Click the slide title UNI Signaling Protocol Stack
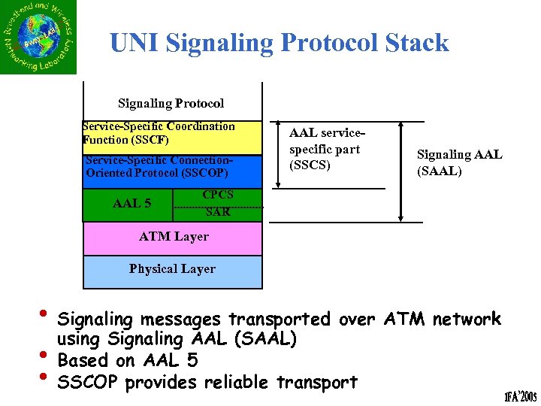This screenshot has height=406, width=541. point(279,43)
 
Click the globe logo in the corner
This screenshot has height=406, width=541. point(38,38)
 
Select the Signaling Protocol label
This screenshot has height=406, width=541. point(171,103)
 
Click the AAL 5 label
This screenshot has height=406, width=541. point(131,203)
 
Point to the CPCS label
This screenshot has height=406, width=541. point(218,195)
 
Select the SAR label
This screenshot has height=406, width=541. point(218,213)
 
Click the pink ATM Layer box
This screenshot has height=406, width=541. point(173,238)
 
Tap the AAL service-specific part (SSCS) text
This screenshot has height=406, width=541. point(324,149)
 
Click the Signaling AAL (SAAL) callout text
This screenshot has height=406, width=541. point(459,162)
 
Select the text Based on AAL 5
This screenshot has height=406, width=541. point(128,360)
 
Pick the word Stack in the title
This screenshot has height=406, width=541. point(416,43)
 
